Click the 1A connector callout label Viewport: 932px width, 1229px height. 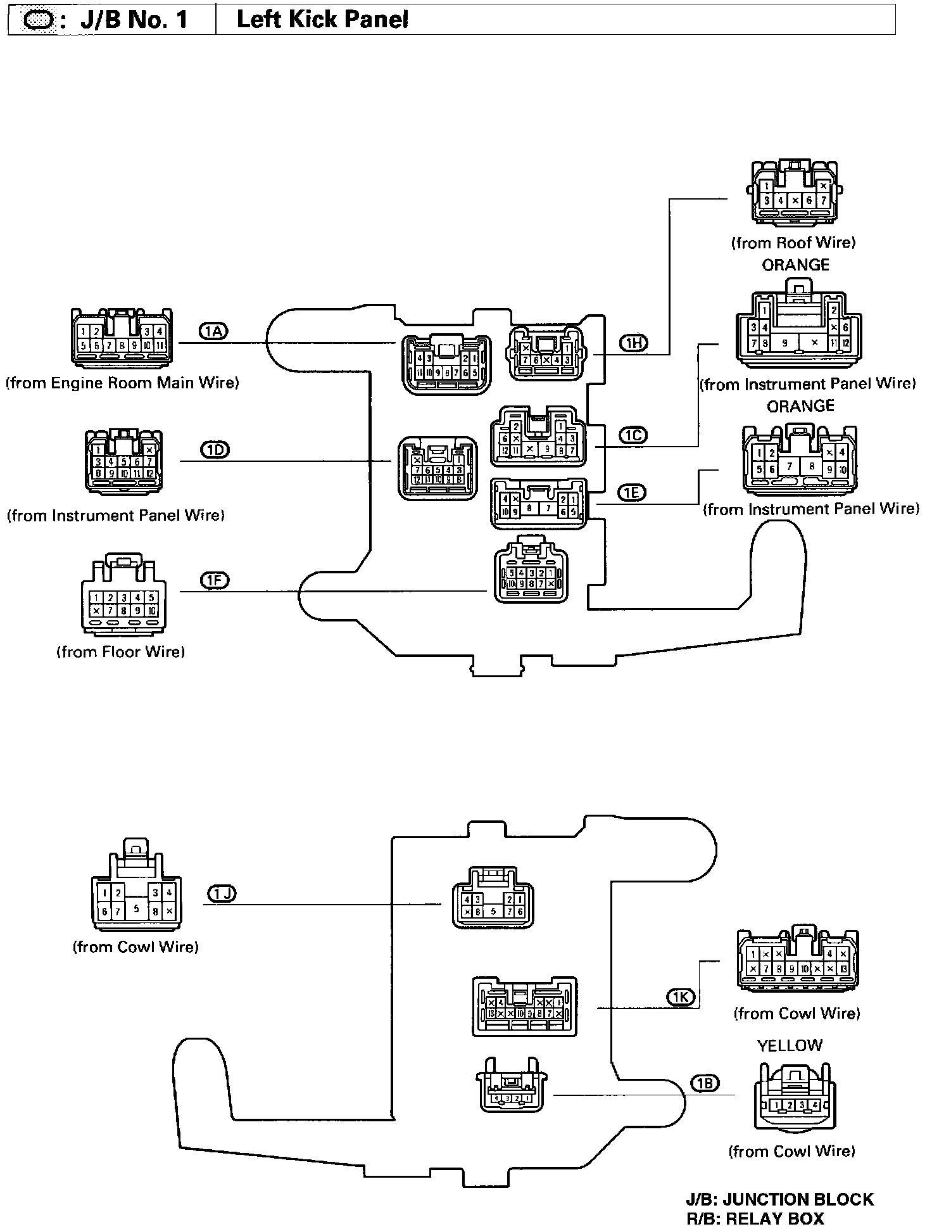[213, 331]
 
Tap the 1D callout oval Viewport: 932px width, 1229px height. [215, 450]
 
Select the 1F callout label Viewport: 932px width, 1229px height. [215, 580]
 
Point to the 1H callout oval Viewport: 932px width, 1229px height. [633, 343]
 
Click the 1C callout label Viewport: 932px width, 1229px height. [633, 435]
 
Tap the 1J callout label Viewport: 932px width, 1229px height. [222, 894]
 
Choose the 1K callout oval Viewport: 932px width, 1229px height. [681, 998]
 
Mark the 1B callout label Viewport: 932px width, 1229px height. [705, 1083]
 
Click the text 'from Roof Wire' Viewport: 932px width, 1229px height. [793, 243]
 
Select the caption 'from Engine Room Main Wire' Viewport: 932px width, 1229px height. [122, 383]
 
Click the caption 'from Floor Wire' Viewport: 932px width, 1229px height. [121, 652]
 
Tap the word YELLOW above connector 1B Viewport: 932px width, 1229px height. [790, 1045]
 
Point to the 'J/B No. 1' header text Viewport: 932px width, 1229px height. [134, 20]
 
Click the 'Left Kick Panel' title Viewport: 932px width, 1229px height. [322, 20]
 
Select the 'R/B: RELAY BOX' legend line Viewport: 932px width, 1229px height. [755, 1218]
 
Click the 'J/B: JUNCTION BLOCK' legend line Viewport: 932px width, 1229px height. [779, 1199]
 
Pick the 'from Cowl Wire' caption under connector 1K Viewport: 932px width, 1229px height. [797, 1014]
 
